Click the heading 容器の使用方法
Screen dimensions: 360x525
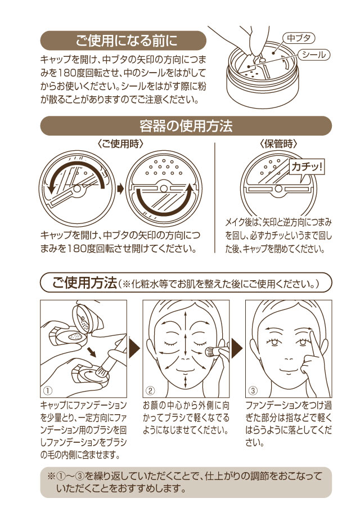tap(186, 126)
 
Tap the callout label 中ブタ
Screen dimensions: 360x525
tap(299, 38)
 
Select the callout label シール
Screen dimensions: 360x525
tap(313, 55)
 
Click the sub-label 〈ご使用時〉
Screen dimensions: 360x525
tap(120, 144)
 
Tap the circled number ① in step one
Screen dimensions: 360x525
tap(48, 391)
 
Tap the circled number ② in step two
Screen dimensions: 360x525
tap(150, 391)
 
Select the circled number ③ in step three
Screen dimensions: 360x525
tap(253, 391)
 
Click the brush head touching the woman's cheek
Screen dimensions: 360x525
tap(209, 352)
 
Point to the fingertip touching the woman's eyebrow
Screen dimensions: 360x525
tap(312, 334)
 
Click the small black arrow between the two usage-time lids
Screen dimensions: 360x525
tap(120, 189)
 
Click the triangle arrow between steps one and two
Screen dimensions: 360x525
tap(134, 348)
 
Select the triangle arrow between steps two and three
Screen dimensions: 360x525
tap(237, 348)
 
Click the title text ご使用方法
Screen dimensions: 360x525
tap(84, 282)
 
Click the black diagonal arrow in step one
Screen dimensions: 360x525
tap(91, 352)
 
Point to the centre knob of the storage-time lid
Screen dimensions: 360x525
tap(278, 189)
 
